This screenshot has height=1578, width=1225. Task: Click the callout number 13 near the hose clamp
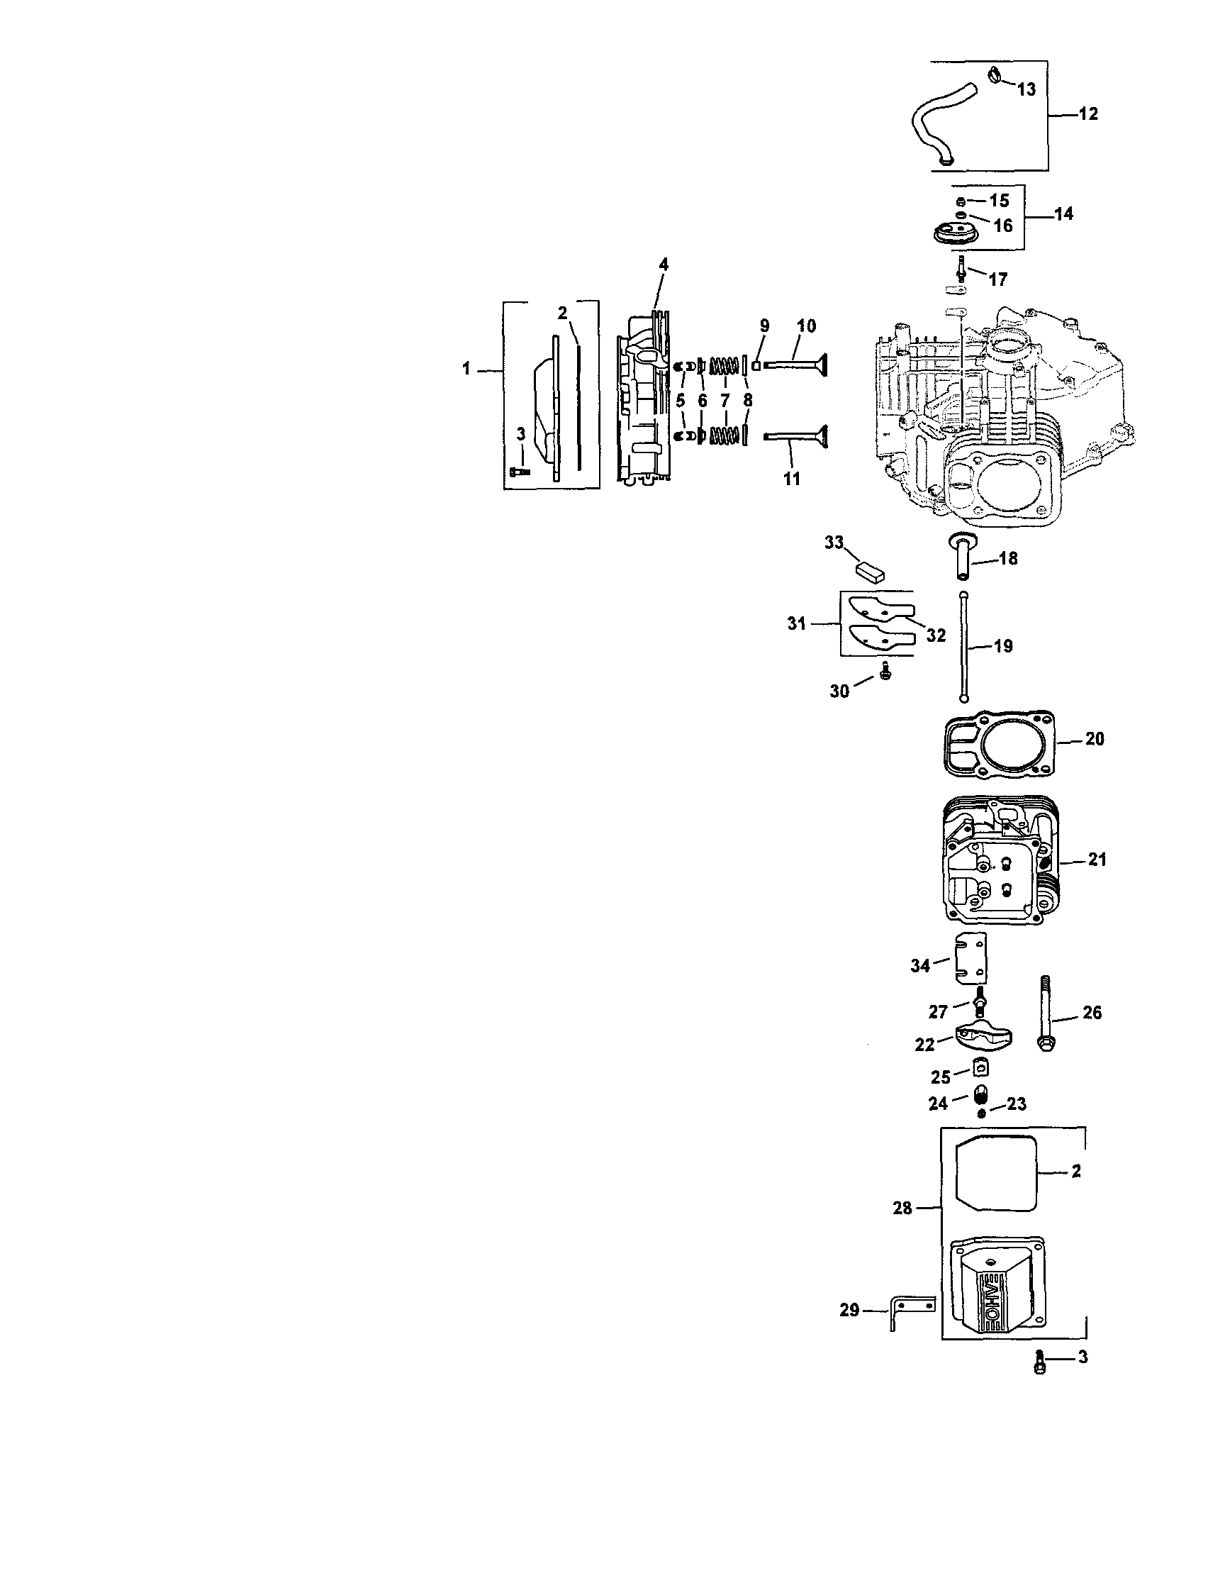1026,89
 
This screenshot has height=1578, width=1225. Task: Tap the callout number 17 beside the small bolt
997,279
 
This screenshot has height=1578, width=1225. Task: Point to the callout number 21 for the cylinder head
1097,860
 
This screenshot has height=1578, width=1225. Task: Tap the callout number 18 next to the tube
1007,559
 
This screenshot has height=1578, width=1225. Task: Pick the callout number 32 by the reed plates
935,635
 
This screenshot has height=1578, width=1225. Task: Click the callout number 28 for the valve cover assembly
902,1208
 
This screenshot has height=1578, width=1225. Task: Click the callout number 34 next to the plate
919,965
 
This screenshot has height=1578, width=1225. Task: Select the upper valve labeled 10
795,364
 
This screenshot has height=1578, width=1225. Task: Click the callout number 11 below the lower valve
792,478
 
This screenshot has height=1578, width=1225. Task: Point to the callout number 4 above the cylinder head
663,265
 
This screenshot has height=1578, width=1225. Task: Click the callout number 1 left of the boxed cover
466,370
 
